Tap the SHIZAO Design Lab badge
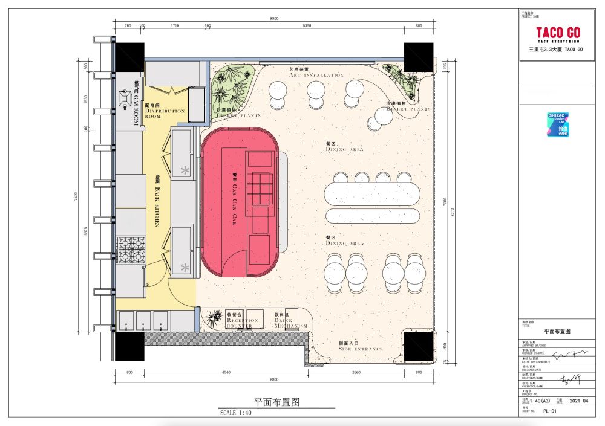[x=558, y=124]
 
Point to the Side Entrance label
[x=361, y=346]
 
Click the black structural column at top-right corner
[x=418, y=57]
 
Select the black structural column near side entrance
[x=419, y=345]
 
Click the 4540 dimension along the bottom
[x=226, y=373]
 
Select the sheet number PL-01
[x=550, y=410]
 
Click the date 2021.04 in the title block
[x=579, y=401]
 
